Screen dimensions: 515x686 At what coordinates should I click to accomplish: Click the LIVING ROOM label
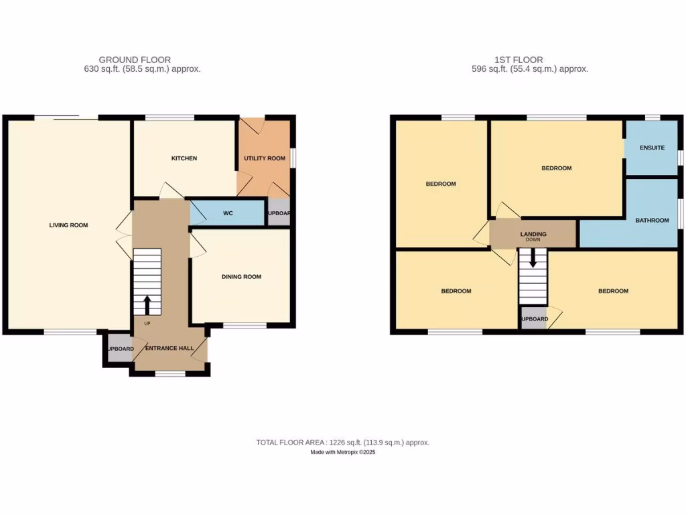(x=68, y=225)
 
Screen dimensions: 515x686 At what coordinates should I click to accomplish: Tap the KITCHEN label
(x=184, y=158)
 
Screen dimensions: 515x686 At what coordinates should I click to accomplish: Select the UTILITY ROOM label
(x=264, y=158)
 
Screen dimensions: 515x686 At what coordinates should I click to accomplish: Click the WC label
(x=227, y=214)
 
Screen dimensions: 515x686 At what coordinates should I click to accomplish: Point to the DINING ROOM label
(x=241, y=276)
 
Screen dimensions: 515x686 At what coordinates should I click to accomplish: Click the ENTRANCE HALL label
(x=171, y=348)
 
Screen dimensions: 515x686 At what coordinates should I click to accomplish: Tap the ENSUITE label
(x=652, y=148)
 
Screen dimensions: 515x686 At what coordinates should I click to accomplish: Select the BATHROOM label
(x=652, y=220)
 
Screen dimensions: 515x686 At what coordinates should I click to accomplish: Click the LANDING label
(x=533, y=234)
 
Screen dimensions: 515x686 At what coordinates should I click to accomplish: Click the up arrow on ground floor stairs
(x=147, y=306)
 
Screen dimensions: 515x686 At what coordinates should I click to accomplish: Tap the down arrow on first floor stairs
(x=533, y=258)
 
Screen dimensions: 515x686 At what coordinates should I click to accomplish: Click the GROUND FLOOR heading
(x=135, y=60)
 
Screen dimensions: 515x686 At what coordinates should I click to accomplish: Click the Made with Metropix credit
(x=342, y=453)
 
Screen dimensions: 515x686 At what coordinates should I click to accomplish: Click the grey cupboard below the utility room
(x=278, y=213)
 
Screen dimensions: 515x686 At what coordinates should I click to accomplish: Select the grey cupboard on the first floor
(x=534, y=319)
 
